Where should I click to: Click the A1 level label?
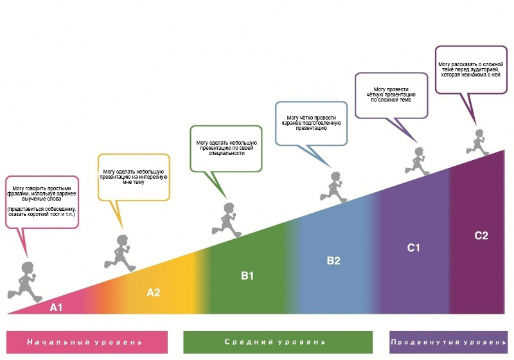coord(56,307)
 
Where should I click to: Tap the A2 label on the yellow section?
coord(154,292)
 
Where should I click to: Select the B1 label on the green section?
coord(247,276)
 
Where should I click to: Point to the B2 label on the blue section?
coord(333,260)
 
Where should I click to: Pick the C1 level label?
coord(413,248)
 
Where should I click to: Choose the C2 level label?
coord(481,235)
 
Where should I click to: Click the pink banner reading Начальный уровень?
coord(87,342)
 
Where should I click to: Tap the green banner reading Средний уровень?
coord(278,342)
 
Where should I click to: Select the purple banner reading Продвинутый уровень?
coord(448,342)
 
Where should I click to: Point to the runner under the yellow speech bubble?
coord(120,253)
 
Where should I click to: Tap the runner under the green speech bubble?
coord(227,220)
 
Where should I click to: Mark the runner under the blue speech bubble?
coord(333,187)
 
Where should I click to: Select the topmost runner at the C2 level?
coord(477,142)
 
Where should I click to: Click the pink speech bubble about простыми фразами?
coord(42,202)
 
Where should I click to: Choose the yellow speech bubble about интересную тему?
coord(134,177)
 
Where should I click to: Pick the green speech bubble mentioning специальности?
coord(226,148)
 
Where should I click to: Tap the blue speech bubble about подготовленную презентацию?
coord(312,123)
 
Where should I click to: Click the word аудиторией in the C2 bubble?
coord(485,69)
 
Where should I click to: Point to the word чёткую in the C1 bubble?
coord(375,94)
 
